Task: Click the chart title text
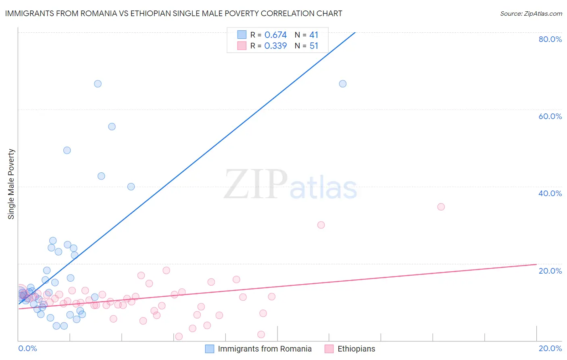(x=173, y=14)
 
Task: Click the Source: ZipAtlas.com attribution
(x=531, y=14)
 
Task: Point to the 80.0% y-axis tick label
(x=550, y=39)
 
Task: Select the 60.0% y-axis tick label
(x=550, y=116)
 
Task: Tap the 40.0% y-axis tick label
(x=550, y=193)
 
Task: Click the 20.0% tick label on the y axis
(x=550, y=271)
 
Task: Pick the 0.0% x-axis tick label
(x=27, y=348)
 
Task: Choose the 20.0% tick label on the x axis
(x=550, y=348)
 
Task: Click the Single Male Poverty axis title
(x=11, y=184)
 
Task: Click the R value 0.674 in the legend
(x=275, y=35)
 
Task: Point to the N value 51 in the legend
(x=314, y=46)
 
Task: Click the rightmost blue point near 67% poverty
(x=343, y=84)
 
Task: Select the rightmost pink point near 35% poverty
(x=441, y=207)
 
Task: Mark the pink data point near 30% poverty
(x=321, y=225)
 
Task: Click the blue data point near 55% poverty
(x=112, y=127)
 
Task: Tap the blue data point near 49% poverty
(x=67, y=151)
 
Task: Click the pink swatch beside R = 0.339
(x=242, y=46)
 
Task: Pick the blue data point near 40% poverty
(x=131, y=187)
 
